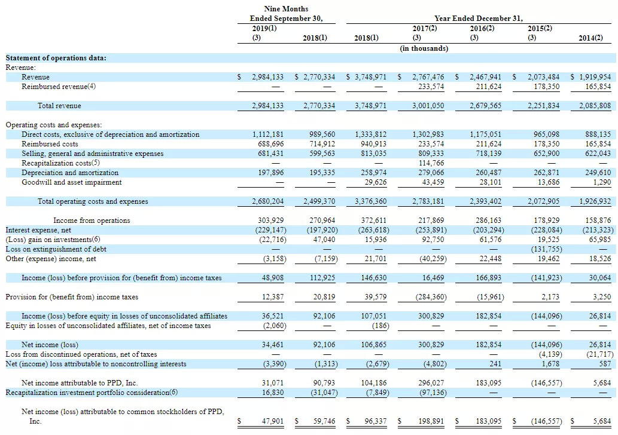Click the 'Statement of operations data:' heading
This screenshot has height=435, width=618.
coord(56,58)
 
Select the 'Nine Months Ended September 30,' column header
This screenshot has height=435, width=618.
coord(286,13)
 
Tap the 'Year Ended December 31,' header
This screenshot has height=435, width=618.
coord(479,19)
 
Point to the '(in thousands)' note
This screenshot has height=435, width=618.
coord(424,48)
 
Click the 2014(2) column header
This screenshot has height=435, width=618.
coord(590,38)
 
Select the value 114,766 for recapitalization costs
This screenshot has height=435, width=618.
coord(431,163)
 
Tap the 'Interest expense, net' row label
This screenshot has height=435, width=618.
coord(38,230)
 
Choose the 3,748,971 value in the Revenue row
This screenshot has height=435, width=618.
coord(370,77)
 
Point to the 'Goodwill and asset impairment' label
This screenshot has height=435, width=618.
coord(72,182)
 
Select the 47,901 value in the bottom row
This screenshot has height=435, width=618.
coord(273,421)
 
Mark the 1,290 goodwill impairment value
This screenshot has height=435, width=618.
coord(602,182)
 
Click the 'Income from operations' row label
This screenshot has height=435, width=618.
coord(92,220)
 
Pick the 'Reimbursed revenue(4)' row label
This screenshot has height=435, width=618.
coord(59,87)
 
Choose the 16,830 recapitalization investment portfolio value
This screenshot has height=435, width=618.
coord(273,393)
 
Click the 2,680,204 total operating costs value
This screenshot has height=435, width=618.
coord(267,201)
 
